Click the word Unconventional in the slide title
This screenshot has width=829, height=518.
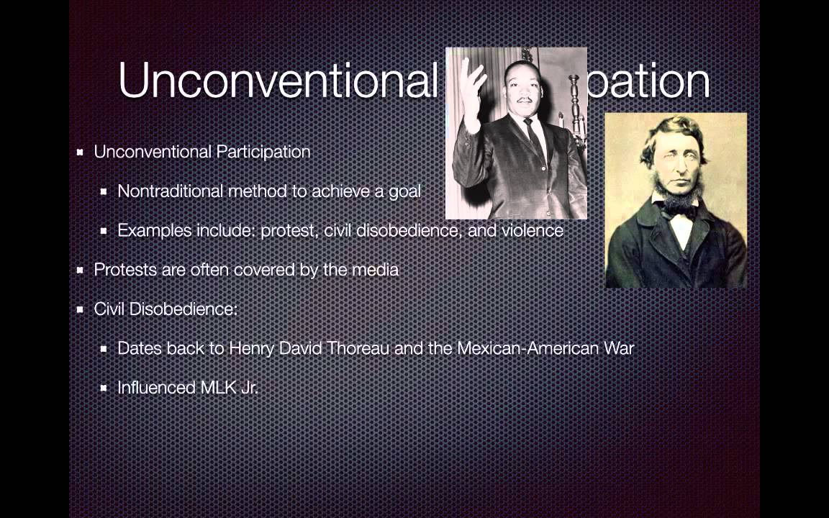tap(278, 80)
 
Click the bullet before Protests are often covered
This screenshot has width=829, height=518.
tap(81, 271)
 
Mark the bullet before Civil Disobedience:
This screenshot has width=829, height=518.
tap(81, 309)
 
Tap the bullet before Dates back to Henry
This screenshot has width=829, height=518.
tap(104, 349)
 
